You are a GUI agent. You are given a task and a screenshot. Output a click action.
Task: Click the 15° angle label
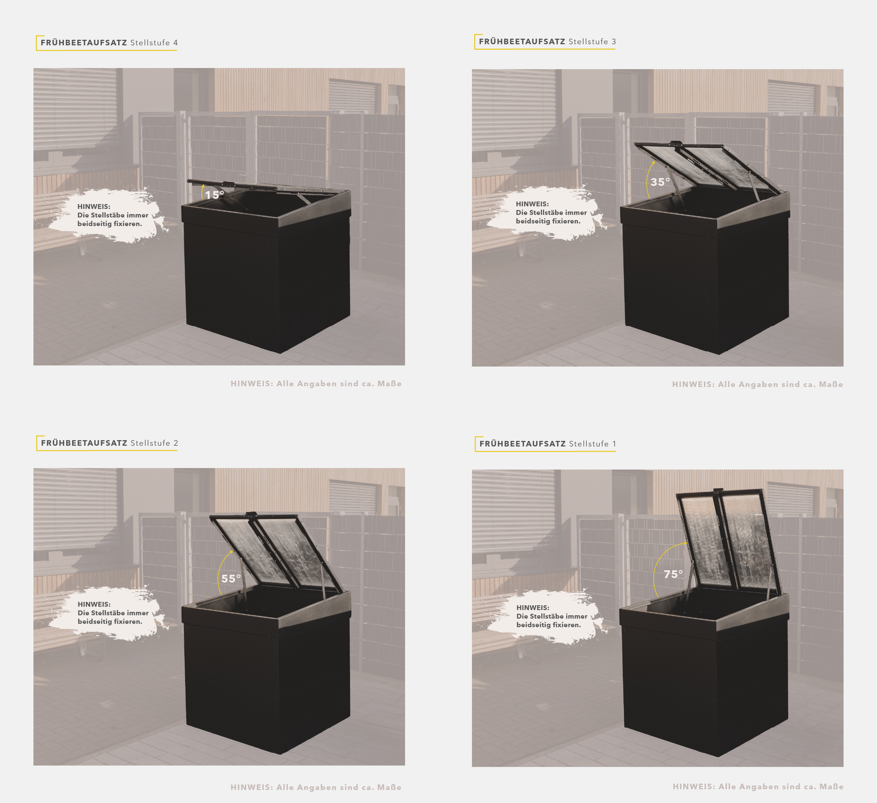(x=214, y=195)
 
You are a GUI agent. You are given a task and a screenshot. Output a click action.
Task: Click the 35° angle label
(x=660, y=182)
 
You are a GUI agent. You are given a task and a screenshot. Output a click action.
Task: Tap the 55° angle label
(x=231, y=578)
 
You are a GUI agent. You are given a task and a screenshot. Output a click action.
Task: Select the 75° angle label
(x=673, y=574)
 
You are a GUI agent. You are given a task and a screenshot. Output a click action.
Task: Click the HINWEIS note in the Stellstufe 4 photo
(x=113, y=215)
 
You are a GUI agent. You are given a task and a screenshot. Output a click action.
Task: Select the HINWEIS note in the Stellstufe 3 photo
(x=551, y=212)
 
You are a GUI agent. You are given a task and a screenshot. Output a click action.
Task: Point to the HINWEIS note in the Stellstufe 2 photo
(x=113, y=613)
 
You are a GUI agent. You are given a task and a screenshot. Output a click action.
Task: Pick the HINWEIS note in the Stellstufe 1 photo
(x=551, y=616)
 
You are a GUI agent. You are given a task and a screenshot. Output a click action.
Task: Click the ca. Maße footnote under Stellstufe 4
(x=316, y=383)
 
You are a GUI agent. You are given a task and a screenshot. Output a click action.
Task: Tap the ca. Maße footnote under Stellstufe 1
(x=758, y=787)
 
